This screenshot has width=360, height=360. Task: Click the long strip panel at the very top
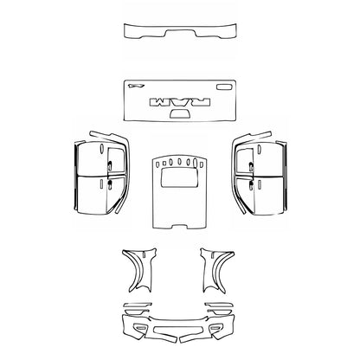coord(180,33)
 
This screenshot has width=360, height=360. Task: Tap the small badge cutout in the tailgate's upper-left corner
coord(134,86)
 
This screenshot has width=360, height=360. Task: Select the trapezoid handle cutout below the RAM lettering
coord(181,112)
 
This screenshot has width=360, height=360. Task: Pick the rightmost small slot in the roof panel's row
coord(202,164)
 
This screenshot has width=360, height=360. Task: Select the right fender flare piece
coord(218,270)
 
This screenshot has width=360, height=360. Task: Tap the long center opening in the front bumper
coord(177,331)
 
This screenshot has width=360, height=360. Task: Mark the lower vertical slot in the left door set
coord(101,183)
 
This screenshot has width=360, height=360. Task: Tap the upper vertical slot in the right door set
coord(259,150)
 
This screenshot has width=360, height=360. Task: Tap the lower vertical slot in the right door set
coord(260,183)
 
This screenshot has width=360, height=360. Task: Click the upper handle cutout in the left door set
coord(109,165)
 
